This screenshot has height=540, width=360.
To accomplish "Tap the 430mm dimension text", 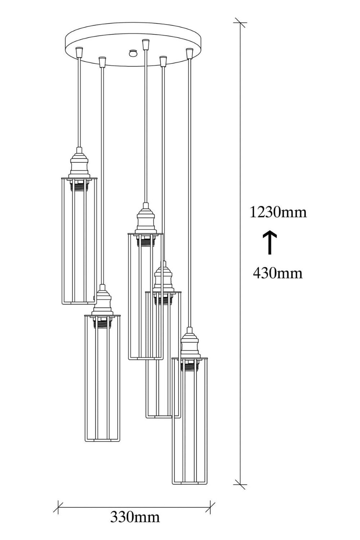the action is coord(278,273).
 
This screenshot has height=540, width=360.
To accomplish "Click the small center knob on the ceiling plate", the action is coord(133,53).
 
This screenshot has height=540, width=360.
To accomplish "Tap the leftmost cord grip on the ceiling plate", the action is coord(79,51).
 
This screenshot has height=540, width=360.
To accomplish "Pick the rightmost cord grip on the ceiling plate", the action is coord(189,53).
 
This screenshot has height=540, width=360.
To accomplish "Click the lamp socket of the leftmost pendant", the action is coord(79,163).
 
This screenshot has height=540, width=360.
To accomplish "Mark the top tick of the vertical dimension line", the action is coord(240,23).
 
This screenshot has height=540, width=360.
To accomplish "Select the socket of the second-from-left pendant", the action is coord(103,300).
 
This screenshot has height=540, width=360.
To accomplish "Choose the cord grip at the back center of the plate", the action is coord(145,44).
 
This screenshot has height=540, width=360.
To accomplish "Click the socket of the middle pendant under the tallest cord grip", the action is coord(145,219).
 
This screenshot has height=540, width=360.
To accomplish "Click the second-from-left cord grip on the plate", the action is coord(102,62).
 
